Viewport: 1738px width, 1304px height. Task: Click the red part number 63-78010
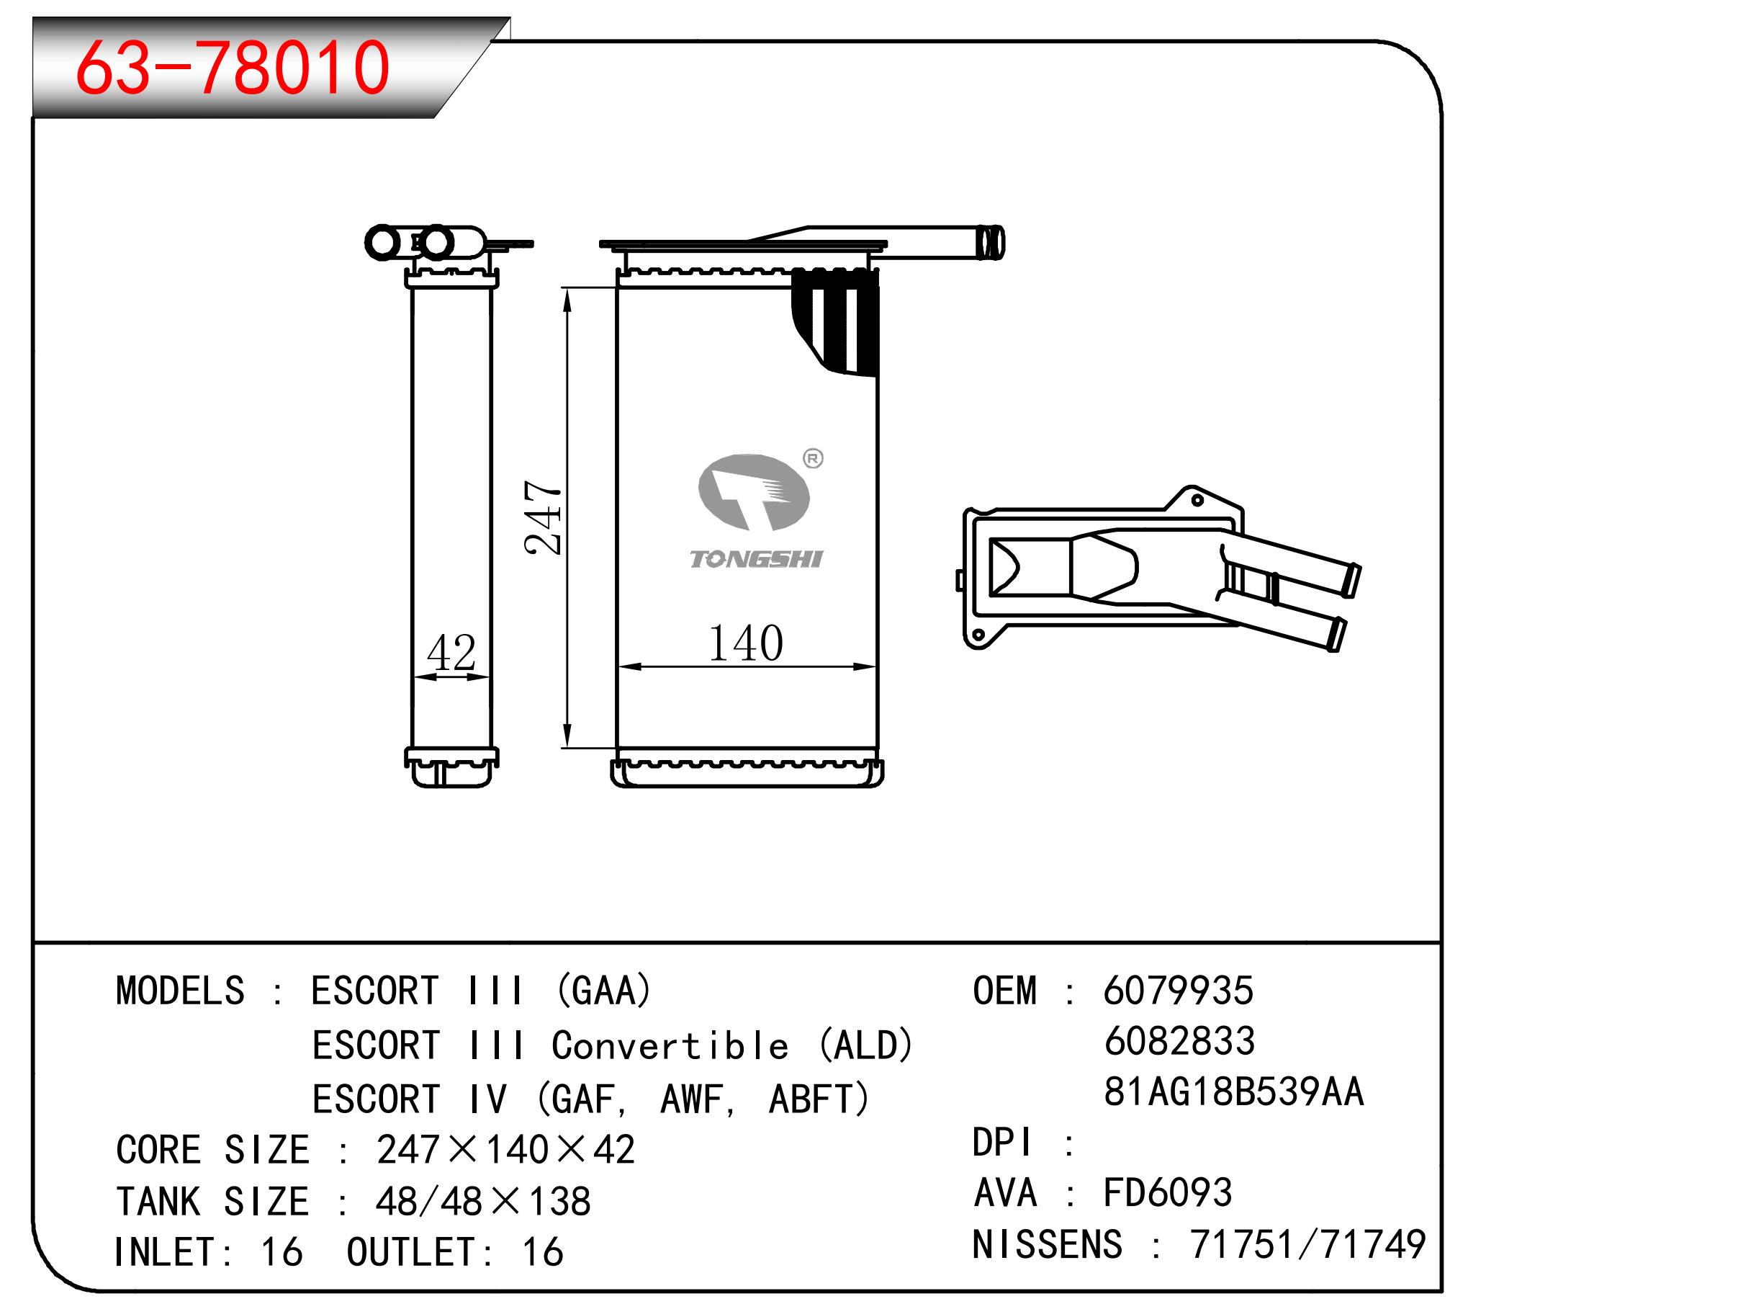(232, 68)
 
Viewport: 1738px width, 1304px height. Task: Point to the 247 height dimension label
(544, 517)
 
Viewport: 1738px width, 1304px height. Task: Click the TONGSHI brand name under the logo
(756, 559)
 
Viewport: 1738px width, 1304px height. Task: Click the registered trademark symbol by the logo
(812, 458)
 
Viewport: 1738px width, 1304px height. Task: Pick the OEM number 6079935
(1178, 991)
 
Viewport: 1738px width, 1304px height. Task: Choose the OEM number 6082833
(1179, 1042)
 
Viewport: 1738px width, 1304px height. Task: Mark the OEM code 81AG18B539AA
(1233, 1091)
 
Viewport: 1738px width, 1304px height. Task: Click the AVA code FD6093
(1168, 1192)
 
